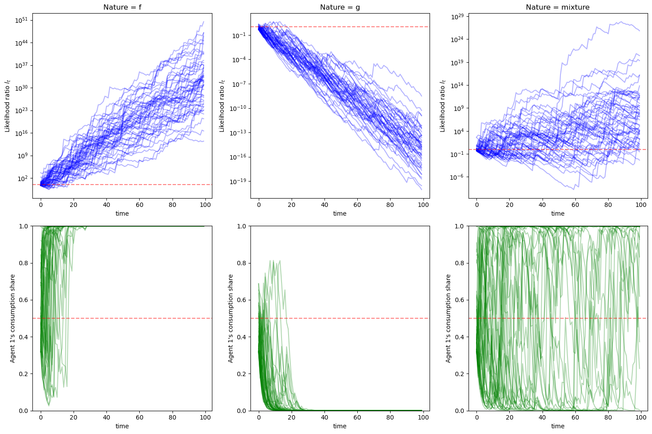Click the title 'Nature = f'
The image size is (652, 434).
[x=122, y=7]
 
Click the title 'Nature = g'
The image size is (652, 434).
[x=340, y=7]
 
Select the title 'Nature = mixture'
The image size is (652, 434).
[x=557, y=7]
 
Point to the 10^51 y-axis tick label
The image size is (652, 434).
[x=21, y=20]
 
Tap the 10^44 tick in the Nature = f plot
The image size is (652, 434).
[x=21, y=43]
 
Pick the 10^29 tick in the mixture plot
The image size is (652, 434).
[x=458, y=16]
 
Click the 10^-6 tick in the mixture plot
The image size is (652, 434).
[x=458, y=177]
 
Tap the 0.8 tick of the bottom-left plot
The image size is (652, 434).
[x=24, y=263]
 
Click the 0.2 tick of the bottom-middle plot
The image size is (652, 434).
[x=241, y=374]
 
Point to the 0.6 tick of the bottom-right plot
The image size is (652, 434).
[x=459, y=300]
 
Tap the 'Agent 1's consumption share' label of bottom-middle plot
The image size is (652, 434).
[x=230, y=318]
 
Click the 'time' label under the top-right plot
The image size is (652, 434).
[x=557, y=213]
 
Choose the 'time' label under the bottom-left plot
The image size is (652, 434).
[x=122, y=426]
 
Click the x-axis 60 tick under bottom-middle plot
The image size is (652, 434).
[x=357, y=418]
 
